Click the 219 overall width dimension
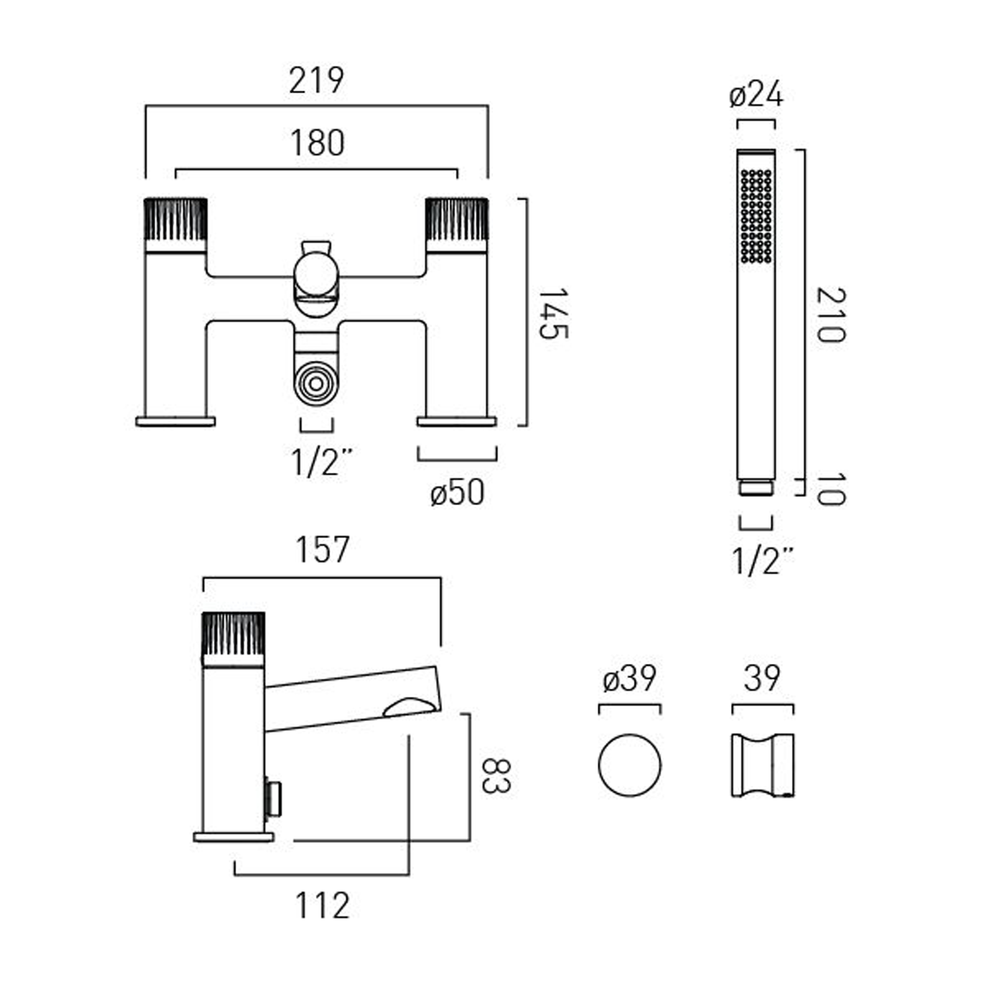[317, 80]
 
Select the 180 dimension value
[317, 143]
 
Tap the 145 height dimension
[553, 313]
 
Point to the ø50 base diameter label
[457, 493]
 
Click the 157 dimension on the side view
[323, 550]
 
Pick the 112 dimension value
[323, 906]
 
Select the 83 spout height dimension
[497, 776]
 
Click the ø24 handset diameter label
[756, 95]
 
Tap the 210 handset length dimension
[831, 315]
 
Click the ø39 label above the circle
[629, 679]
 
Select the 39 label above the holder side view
[762, 679]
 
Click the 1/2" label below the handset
[763, 561]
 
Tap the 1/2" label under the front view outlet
[321, 462]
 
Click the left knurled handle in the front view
[176, 219]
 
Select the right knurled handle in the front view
[457, 219]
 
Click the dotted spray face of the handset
[757, 215]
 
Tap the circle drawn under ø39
[629, 765]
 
